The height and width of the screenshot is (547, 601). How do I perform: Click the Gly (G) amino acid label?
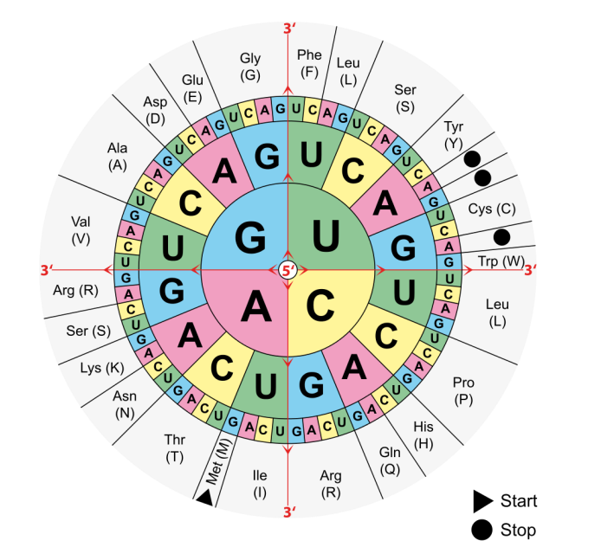(x=250, y=67)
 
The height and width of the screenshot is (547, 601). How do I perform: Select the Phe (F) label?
(x=309, y=63)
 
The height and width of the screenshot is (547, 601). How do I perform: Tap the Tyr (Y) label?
(x=454, y=133)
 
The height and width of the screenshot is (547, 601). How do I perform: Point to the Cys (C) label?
(x=491, y=209)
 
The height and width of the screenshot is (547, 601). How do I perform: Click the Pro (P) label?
(x=464, y=389)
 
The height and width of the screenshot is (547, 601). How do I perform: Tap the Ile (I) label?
(x=260, y=483)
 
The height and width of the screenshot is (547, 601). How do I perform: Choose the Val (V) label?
(x=81, y=229)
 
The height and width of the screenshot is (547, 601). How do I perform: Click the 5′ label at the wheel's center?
(x=288, y=270)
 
